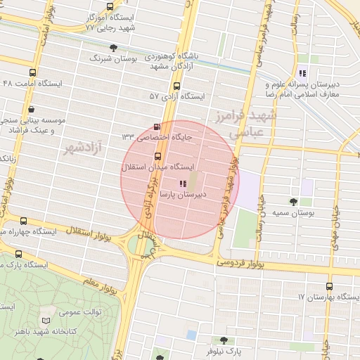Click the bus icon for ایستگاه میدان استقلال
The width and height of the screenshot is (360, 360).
coord(157,156)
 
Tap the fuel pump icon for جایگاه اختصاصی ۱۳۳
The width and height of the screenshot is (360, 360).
coord(156,127)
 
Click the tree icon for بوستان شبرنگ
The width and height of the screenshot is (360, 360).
coord(114,47)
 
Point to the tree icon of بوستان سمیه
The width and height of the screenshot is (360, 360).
coord(293,201)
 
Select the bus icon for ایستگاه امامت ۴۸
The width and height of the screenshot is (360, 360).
coord(32,72)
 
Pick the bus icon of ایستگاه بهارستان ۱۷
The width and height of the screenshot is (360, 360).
coord(329,286)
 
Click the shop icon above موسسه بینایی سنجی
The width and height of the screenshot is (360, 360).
coord(32,109)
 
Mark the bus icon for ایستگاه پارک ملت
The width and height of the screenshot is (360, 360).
coord(18,254)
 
